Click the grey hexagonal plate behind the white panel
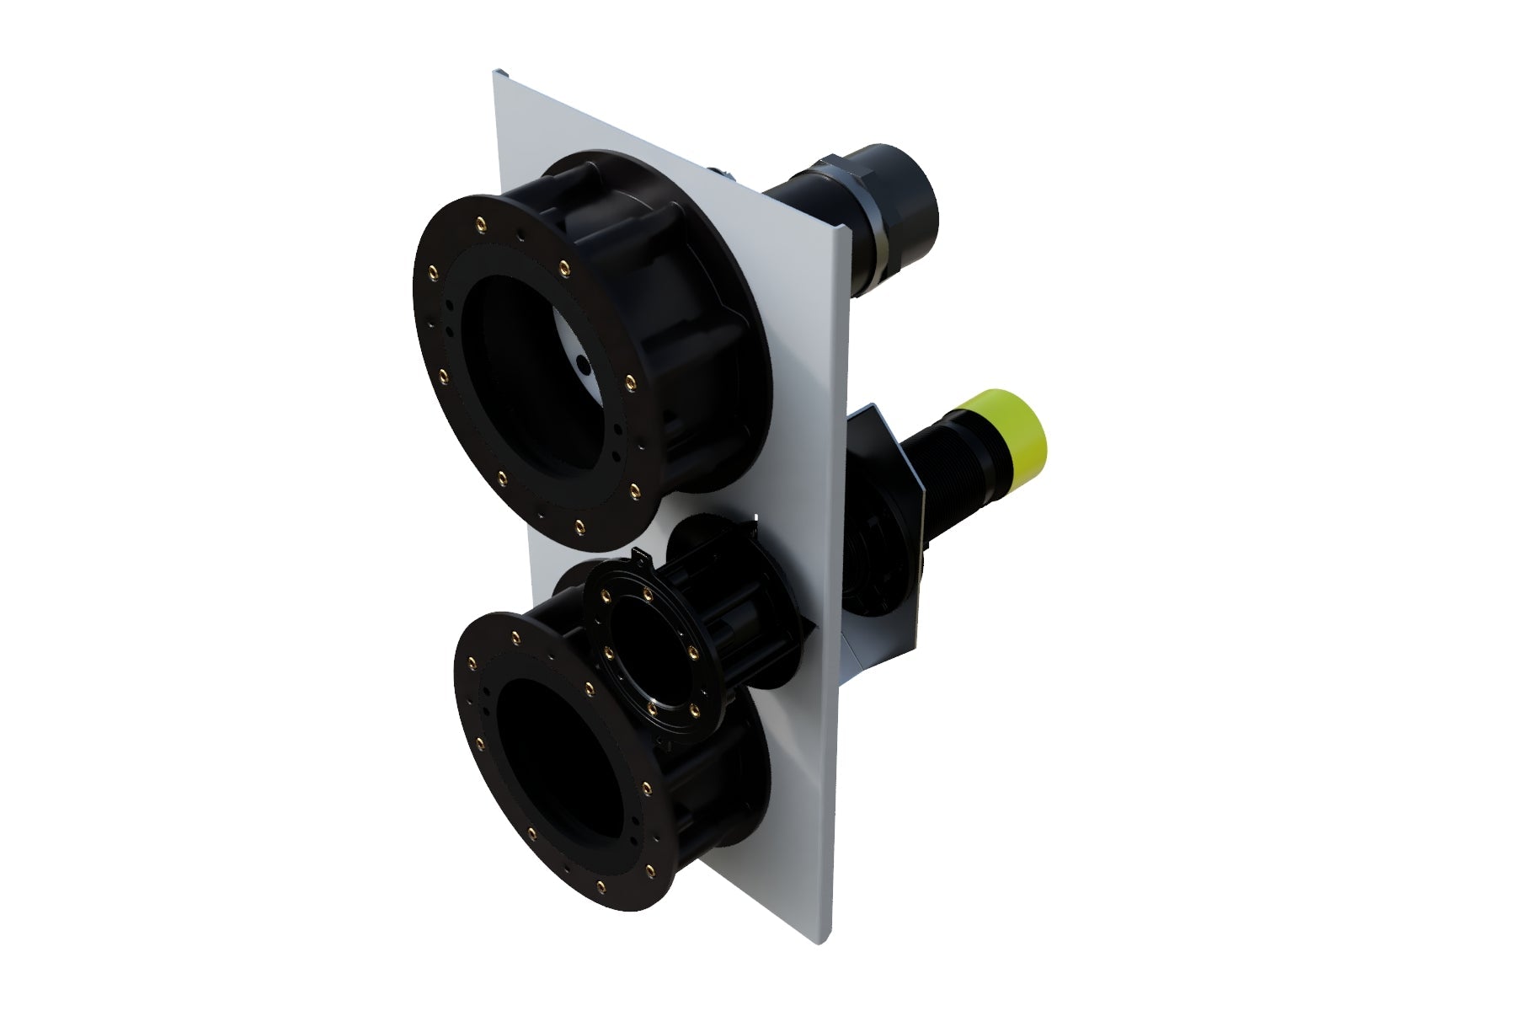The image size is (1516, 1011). tap(876, 539)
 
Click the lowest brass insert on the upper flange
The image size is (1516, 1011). tap(579, 527)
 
